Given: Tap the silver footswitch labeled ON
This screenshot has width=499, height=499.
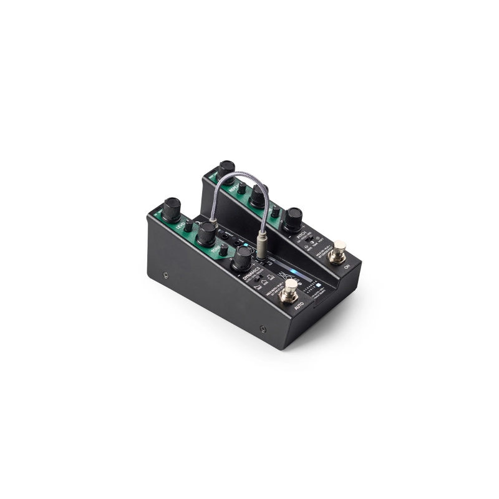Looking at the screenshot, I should pyautogui.click(x=339, y=253).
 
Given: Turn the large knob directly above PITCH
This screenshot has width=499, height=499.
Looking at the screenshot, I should pyautogui.click(x=292, y=218).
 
